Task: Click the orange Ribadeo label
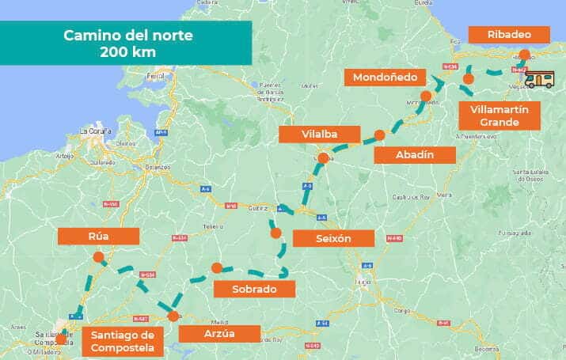(509, 35)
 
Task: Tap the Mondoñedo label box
(386, 77)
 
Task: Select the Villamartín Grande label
(500, 116)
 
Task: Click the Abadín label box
(415, 154)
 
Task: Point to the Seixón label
(332, 238)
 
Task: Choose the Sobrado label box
(254, 289)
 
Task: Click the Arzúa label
(219, 333)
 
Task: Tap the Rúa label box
(98, 236)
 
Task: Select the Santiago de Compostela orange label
(122, 341)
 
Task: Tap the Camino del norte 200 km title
(128, 43)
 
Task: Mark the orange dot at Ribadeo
(524, 55)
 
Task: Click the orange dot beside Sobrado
(217, 267)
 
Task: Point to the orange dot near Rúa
(98, 256)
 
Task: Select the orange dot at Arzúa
(173, 316)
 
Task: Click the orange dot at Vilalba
(323, 157)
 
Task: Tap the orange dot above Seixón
(275, 233)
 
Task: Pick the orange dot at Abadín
(379, 135)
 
